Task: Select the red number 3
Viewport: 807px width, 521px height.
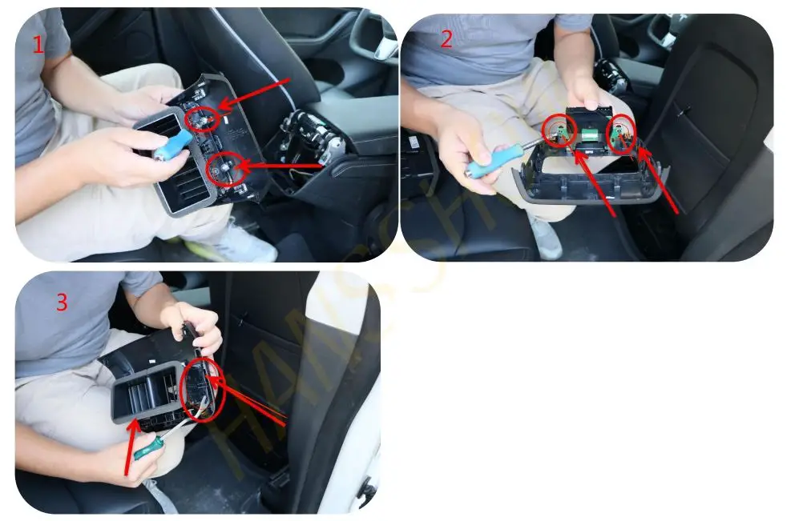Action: pos(63,303)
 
